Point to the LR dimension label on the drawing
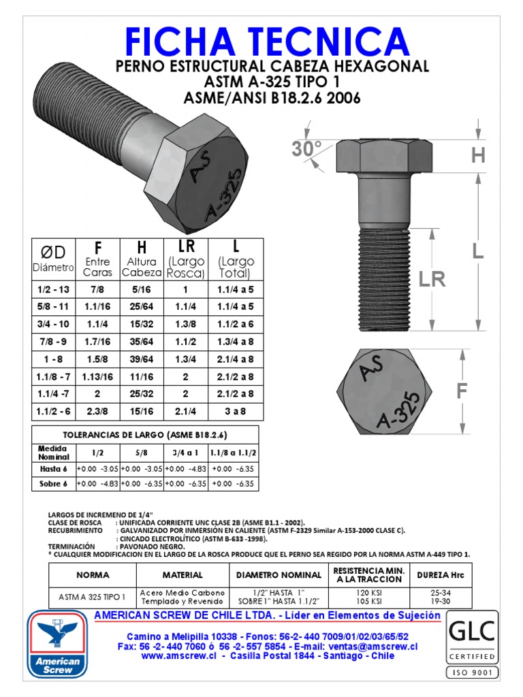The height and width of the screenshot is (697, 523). (432, 279)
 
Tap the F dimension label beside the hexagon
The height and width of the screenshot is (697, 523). (463, 391)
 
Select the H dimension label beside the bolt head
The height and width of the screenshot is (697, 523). (478, 156)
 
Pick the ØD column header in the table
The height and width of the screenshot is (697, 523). (52, 253)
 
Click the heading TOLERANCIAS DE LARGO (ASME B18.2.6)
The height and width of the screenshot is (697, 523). (146, 434)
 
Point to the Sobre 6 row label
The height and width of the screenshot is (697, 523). (52, 483)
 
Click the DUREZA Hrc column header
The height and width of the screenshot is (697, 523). (441, 575)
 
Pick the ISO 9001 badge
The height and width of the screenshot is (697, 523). (472, 672)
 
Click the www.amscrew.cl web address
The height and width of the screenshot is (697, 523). (180, 655)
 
